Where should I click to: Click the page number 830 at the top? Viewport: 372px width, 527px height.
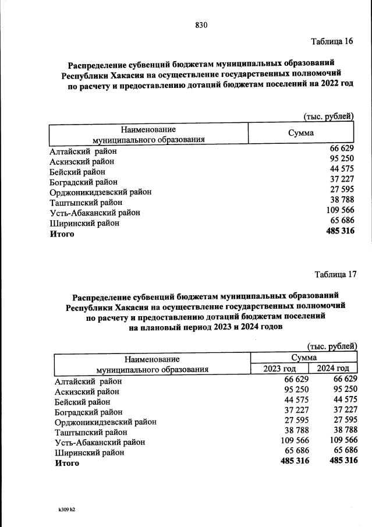click(201, 25)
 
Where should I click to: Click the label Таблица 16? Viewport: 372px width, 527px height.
click(332, 41)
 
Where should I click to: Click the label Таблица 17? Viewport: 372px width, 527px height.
click(335, 274)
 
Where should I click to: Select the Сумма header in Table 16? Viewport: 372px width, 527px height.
click(300, 133)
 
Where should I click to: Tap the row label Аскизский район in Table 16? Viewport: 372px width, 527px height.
click(82, 161)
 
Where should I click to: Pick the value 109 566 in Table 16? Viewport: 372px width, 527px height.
click(340, 210)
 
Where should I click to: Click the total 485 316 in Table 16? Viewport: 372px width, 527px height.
click(340, 231)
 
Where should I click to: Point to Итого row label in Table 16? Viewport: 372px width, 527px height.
click(62, 234)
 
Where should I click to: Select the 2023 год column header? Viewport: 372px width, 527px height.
click(279, 369)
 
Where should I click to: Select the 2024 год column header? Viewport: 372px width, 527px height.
click(333, 369)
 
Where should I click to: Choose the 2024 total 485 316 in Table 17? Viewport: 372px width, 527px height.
click(343, 461)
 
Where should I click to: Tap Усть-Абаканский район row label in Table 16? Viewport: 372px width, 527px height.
click(95, 213)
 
